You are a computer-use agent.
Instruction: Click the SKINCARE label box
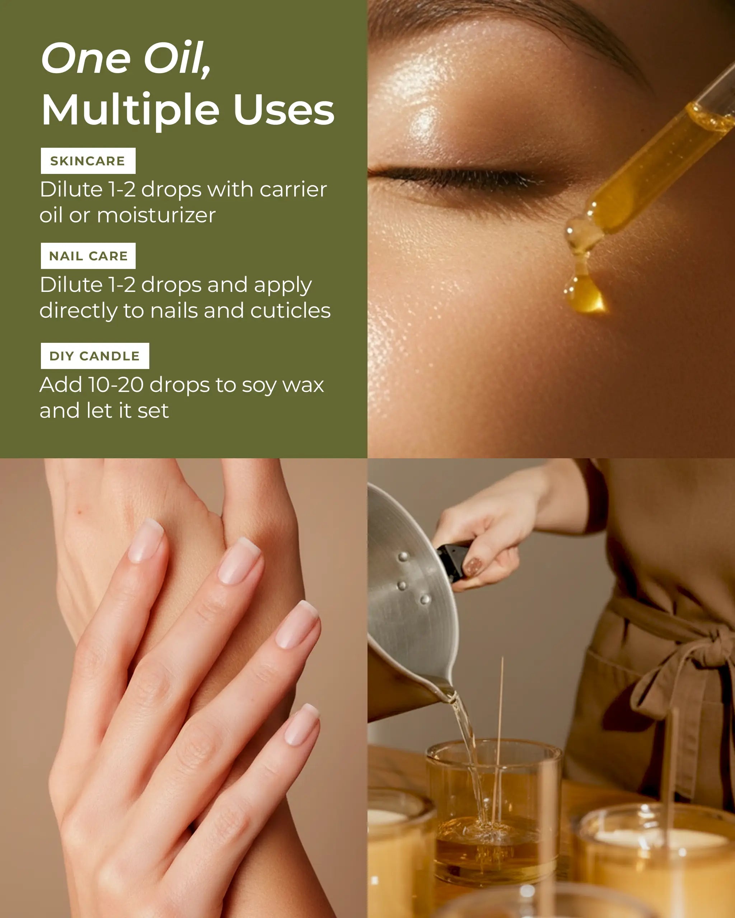tap(88, 161)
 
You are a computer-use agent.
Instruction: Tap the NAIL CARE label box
tap(88, 256)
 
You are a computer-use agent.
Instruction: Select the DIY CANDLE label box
tap(95, 356)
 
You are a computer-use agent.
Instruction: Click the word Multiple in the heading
tap(130, 111)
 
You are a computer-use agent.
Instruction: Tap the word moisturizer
tap(156, 215)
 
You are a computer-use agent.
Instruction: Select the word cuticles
tap(290, 311)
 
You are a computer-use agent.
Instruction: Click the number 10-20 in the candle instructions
tap(116, 385)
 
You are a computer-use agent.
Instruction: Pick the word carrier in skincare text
tap(293, 189)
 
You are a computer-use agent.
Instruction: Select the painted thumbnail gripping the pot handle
tap(473, 567)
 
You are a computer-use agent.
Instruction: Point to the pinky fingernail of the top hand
tap(302, 724)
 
